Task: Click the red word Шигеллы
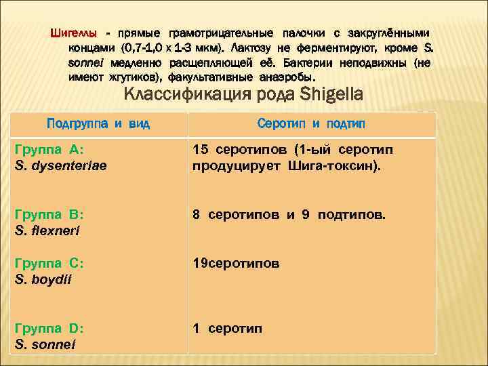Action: [74, 33]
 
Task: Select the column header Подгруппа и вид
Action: [98, 124]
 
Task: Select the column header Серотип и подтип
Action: [311, 124]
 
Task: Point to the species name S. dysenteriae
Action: [60, 165]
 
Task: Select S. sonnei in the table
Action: [45, 344]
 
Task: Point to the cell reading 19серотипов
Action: [235, 263]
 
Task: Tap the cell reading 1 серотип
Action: [227, 329]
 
